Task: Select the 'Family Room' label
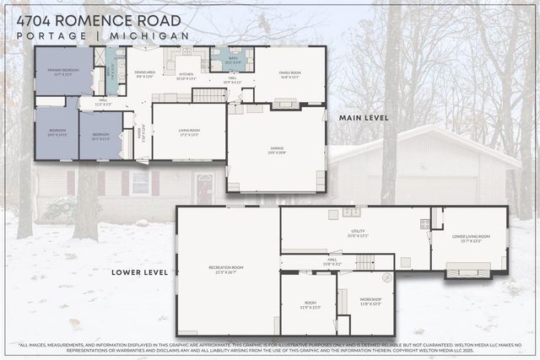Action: click(290, 73)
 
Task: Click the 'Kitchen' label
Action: click(186, 75)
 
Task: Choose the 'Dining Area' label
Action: click(145, 73)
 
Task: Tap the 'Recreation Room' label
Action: click(227, 269)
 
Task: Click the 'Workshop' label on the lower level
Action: click(370, 301)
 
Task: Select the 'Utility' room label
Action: click(358, 232)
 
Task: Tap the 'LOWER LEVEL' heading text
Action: click(139, 272)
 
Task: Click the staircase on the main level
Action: click(208, 94)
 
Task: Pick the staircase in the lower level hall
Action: click(364, 263)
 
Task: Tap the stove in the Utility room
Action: click(425, 224)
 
